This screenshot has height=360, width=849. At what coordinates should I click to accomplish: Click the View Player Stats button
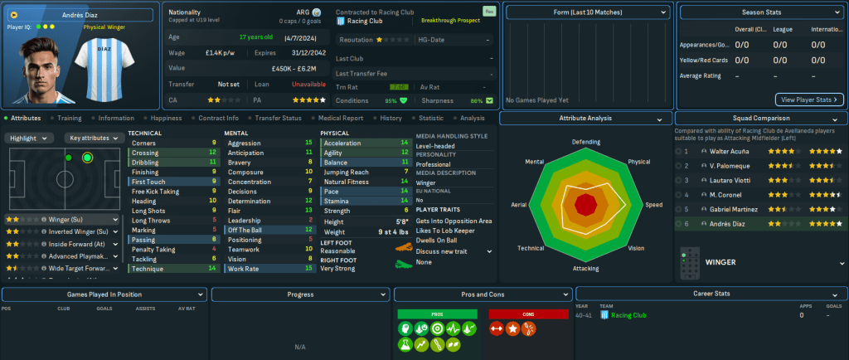809,100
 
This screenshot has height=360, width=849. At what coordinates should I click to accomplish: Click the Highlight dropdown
30,138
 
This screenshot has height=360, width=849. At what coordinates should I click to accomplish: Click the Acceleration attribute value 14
404,143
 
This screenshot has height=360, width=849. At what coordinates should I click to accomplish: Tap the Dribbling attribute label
146,162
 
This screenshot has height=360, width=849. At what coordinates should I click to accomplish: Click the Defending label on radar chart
586,142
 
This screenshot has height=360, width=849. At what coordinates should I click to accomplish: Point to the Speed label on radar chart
654,204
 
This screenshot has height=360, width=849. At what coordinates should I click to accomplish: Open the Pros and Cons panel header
483,294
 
